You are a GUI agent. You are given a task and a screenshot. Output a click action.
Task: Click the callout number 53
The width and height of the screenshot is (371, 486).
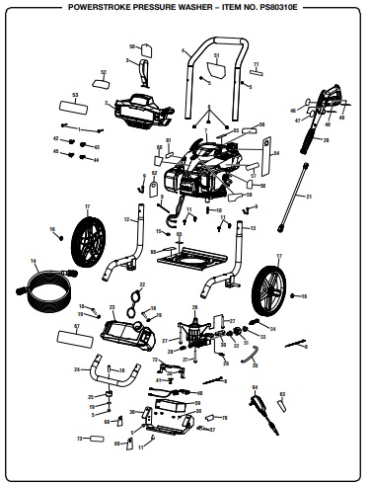point(75,93)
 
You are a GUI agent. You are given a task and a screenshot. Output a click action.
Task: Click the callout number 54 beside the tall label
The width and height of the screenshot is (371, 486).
point(277,154)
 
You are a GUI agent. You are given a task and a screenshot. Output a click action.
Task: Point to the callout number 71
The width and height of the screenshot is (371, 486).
point(255,63)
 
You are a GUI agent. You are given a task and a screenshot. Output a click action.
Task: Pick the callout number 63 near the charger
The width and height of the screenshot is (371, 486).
point(283,393)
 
